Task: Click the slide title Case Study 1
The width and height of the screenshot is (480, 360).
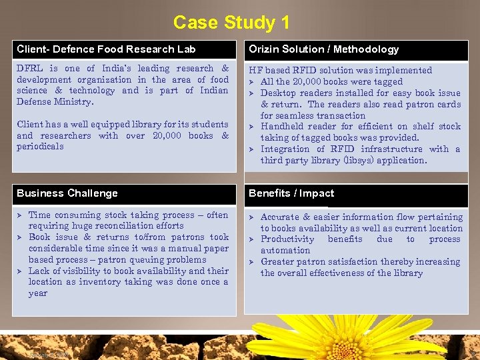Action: pyautogui.click(x=231, y=22)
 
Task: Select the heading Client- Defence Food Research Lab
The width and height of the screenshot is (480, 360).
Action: pyautogui.click(x=106, y=49)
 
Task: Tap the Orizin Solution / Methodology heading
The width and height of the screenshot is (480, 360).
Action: pyautogui.click(x=323, y=49)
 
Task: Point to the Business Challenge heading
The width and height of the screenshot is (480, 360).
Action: pyautogui.click(x=67, y=193)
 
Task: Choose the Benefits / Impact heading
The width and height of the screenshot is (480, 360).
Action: pyautogui.click(x=291, y=193)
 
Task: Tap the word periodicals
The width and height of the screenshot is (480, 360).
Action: pyautogui.click(x=40, y=147)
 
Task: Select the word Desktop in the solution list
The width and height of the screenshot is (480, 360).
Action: pyautogui.click(x=279, y=93)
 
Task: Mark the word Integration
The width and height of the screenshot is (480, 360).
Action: pyautogui.click(x=285, y=149)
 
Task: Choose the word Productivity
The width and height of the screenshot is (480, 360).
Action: pyautogui.click(x=287, y=239)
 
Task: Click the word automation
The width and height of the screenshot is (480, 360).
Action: pyautogui.click(x=285, y=251)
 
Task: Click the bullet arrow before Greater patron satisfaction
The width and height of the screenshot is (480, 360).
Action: pyautogui.click(x=253, y=262)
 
